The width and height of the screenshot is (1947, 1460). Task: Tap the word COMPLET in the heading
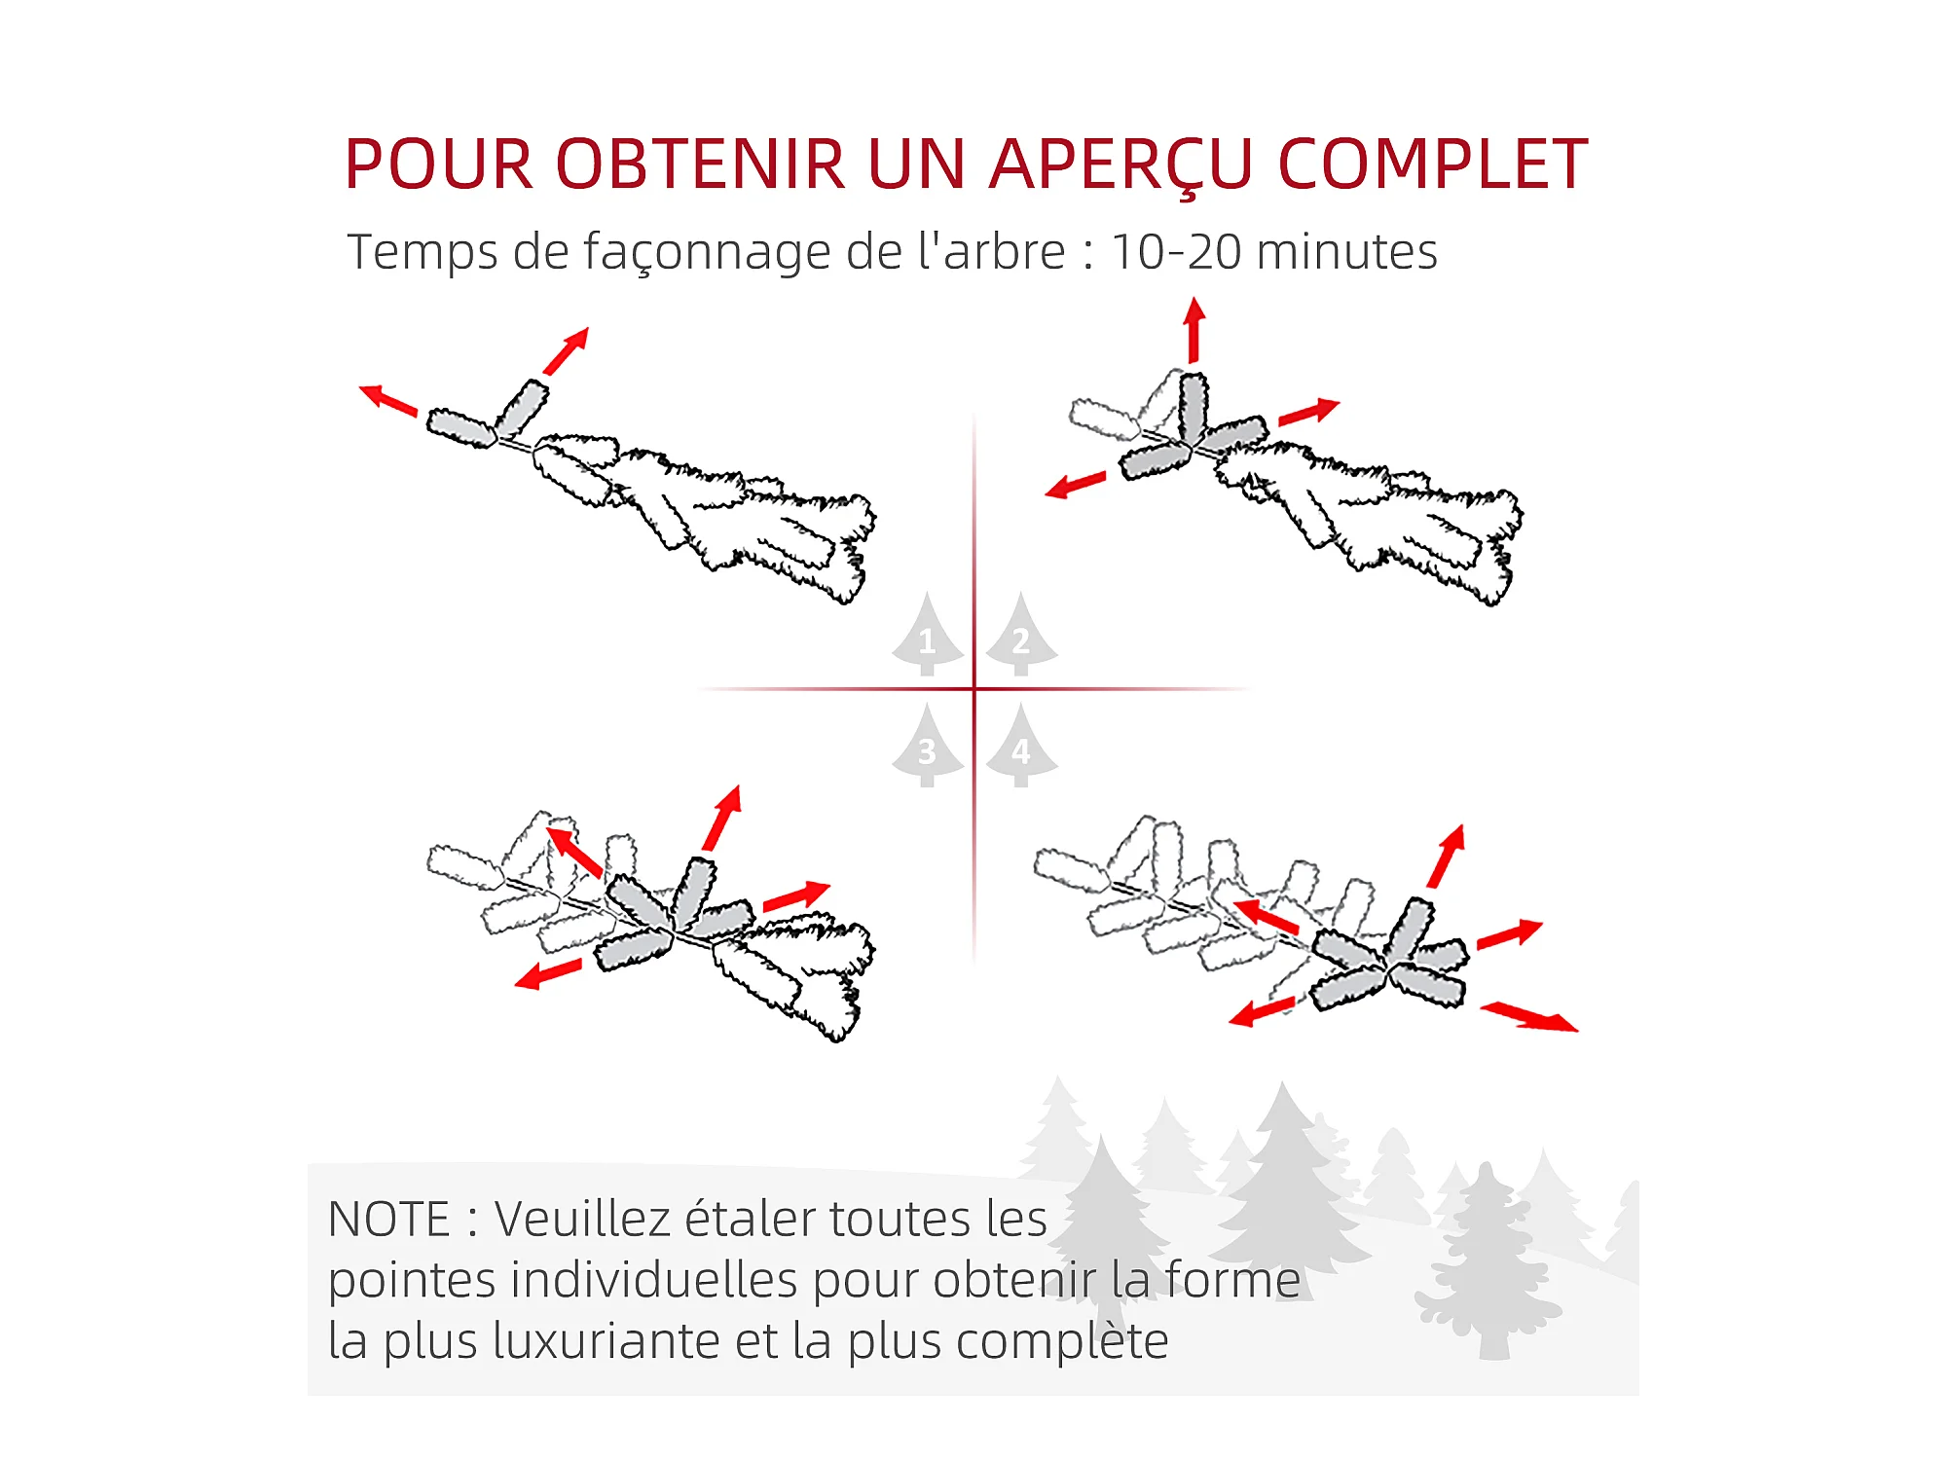(1433, 164)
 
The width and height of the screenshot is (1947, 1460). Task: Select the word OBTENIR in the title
(701, 164)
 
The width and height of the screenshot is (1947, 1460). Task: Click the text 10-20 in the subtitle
(1176, 252)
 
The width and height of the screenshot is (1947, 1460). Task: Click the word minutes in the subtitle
(1347, 251)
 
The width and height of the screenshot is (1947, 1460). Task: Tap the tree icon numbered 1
(928, 635)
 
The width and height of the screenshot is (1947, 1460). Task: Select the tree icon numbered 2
(1021, 635)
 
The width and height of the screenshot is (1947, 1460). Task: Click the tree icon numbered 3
(928, 746)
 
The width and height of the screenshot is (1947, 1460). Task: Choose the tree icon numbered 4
(1021, 746)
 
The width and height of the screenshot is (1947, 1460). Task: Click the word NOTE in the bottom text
(389, 1220)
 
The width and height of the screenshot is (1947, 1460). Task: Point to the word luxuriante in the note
(606, 1341)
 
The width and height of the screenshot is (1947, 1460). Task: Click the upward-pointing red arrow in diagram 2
(1194, 331)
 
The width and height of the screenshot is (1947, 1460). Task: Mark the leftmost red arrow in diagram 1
(388, 400)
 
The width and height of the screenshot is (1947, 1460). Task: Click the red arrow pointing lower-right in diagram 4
(1529, 1017)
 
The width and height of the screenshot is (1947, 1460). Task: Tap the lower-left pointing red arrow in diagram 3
(548, 973)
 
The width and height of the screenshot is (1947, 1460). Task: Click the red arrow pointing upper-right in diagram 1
(566, 351)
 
